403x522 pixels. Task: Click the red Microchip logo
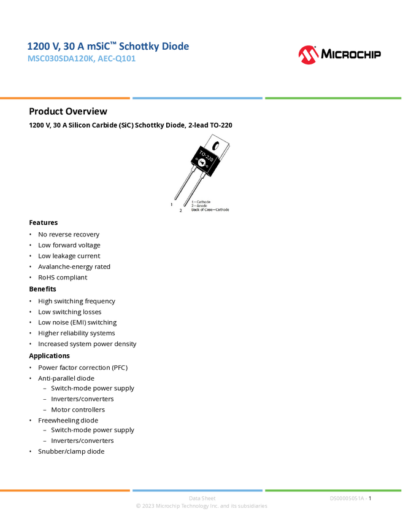point(309,55)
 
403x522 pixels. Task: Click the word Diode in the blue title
point(177,47)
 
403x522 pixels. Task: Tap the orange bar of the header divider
point(65,98)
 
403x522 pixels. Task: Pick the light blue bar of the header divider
point(198,98)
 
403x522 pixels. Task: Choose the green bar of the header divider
point(333,98)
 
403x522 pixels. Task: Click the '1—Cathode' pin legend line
point(201,201)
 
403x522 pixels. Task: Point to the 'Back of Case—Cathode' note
point(210,210)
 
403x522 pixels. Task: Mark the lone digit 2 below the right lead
point(180,210)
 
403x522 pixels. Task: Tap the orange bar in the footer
point(65,490)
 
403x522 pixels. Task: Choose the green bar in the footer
point(333,490)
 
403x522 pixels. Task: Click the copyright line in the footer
point(201,507)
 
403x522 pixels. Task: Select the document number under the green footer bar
point(348,498)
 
